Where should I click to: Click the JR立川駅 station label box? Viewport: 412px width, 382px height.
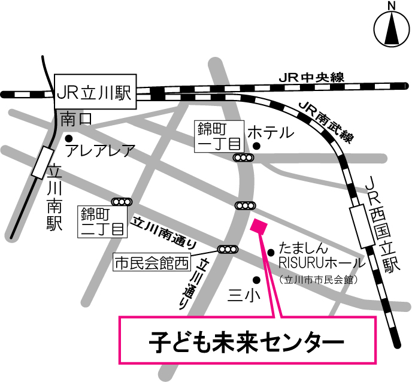coord(96,93)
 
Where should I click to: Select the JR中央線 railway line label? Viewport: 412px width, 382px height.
coord(311,78)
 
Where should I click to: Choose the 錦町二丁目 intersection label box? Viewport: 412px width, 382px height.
coord(102,221)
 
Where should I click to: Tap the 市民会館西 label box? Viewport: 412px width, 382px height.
coord(152,261)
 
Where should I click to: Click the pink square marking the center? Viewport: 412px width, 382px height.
coord(259,227)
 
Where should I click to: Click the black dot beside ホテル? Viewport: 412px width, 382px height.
coord(256,145)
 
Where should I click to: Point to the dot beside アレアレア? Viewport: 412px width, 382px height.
coord(68,138)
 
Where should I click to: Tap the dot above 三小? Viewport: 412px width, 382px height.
coord(257,279)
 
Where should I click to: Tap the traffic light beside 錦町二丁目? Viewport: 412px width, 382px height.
coord(122,202)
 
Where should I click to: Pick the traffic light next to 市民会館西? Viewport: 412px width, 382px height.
coord(228,249)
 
